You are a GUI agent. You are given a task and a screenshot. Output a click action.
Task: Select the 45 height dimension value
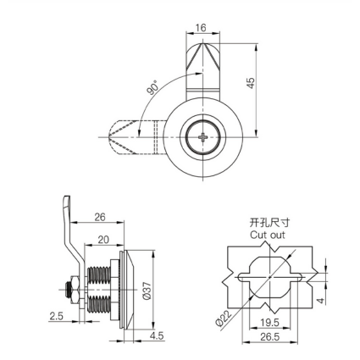point(251,83)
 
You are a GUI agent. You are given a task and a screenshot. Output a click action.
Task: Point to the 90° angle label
point(152,87)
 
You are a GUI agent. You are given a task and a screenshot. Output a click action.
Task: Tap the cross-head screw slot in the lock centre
point(202,137)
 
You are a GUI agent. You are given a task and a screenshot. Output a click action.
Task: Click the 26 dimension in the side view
point(100,217)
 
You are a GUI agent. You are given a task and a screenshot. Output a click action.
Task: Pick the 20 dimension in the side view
point(103,240)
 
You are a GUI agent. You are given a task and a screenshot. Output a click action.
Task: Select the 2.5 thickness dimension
point(56,316)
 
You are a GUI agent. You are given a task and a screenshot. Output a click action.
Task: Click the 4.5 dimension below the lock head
point(157,335)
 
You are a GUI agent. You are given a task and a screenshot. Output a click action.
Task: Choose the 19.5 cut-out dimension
point(269,322)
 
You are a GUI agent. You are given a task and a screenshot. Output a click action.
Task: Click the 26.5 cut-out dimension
point(270,336)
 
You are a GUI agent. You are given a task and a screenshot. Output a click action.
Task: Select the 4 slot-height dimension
point(321,301)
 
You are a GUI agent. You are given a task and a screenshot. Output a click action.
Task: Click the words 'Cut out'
point(268,235)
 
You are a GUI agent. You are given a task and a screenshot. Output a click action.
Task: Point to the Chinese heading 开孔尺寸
point(269,223)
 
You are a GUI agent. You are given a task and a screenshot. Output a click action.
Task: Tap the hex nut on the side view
point(75,290)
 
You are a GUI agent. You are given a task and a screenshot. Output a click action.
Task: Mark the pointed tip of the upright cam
point(202,42)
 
